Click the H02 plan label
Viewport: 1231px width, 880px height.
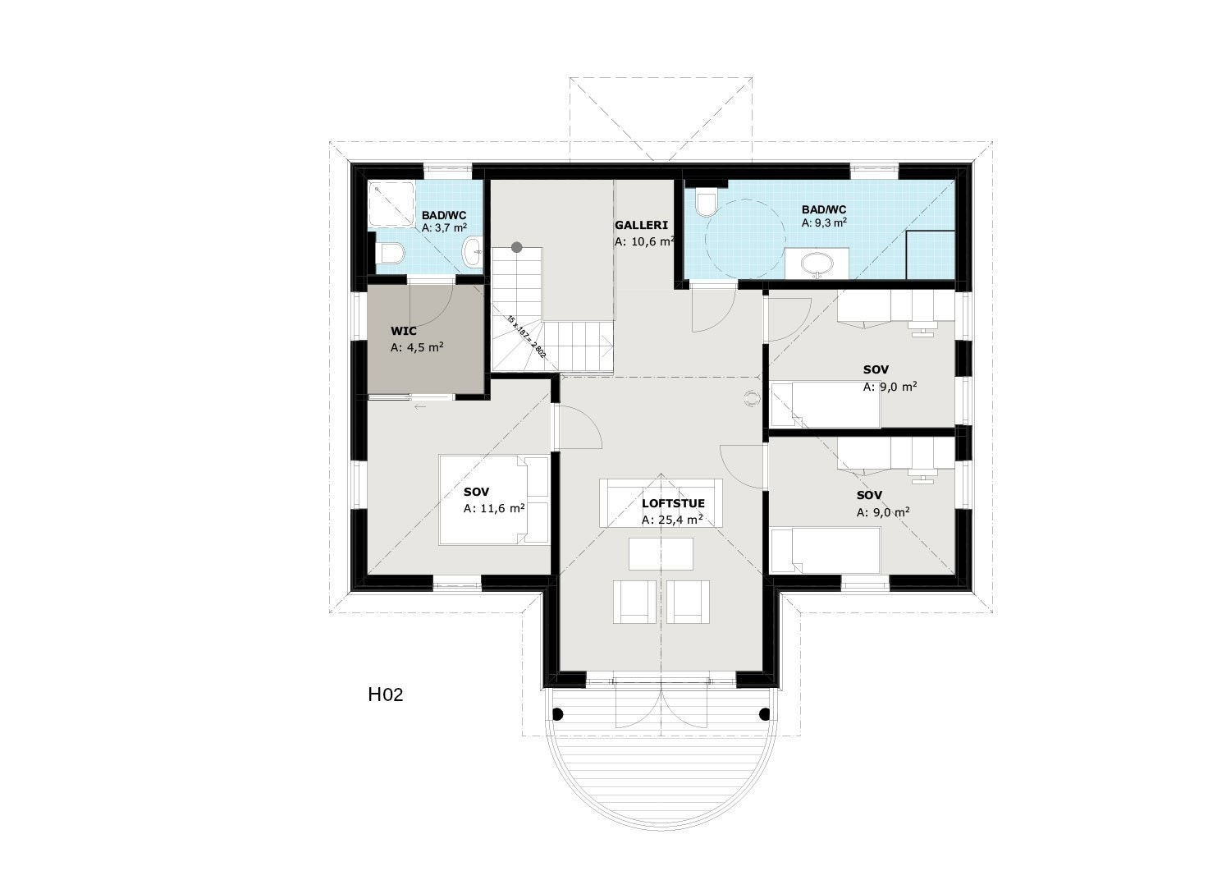click(385, 695)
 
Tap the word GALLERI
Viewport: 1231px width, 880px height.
click(641, 225)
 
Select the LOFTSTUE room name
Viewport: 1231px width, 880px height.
click(673, 504)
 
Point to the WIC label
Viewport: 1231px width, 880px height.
click(403, 331)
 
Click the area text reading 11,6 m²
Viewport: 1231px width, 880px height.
click(494, 508)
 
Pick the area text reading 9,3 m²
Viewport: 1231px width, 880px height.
click(824, 222)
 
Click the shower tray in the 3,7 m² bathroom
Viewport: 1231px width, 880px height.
click(390, 203)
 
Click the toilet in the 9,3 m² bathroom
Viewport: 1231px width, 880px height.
click(705, 202)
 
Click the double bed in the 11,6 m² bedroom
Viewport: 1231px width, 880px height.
click(494, 499)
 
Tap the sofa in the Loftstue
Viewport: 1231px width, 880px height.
click(661, 502)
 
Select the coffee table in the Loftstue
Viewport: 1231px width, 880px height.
click(661, 552)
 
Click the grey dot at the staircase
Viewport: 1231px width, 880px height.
click(516, 246)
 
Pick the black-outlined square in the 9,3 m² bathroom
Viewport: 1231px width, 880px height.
click(931, 255)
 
